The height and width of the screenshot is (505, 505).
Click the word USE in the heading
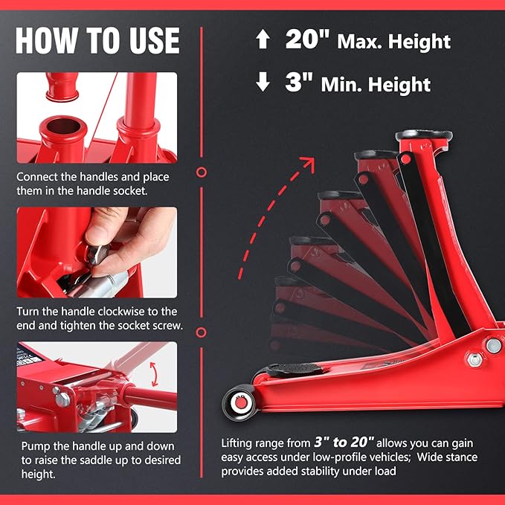tap(154, 40)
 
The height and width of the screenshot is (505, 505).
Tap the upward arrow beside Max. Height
tap(263, 39)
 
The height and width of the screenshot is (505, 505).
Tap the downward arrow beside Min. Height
tap(263, 82)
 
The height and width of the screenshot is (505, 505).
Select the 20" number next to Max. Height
tap(308, 39)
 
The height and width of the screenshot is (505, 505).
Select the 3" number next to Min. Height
tap(299, 82)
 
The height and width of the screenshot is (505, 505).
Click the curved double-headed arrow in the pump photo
tap(154, 374)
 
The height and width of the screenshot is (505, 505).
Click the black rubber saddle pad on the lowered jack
tap(293, 369)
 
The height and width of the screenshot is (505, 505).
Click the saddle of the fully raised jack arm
tap(424, 135)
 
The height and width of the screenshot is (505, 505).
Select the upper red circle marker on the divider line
tap(202, 173)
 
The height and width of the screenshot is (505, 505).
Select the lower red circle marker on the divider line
tap(202, 332)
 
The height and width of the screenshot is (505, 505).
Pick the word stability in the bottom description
tap(320, 472)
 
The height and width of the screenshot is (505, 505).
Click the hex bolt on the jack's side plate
tap(475, 359)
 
